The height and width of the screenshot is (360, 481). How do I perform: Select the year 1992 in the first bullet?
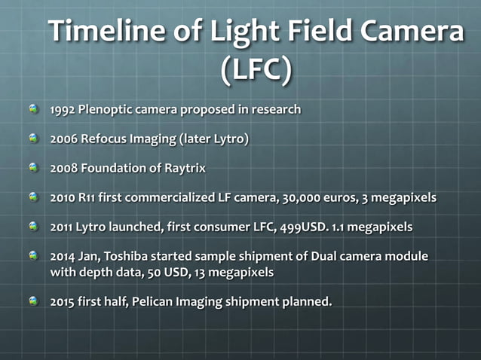[x=63, y=110]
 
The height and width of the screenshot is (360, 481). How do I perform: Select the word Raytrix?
[x=185, y=169]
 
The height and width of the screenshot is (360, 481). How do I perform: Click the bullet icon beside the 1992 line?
[x=33, y=109]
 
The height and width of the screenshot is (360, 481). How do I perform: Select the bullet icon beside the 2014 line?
[x=33, y=256]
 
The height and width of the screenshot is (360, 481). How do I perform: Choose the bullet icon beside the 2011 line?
[x=33, y=226]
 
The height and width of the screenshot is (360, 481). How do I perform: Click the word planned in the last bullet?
[x=305, y=301]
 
